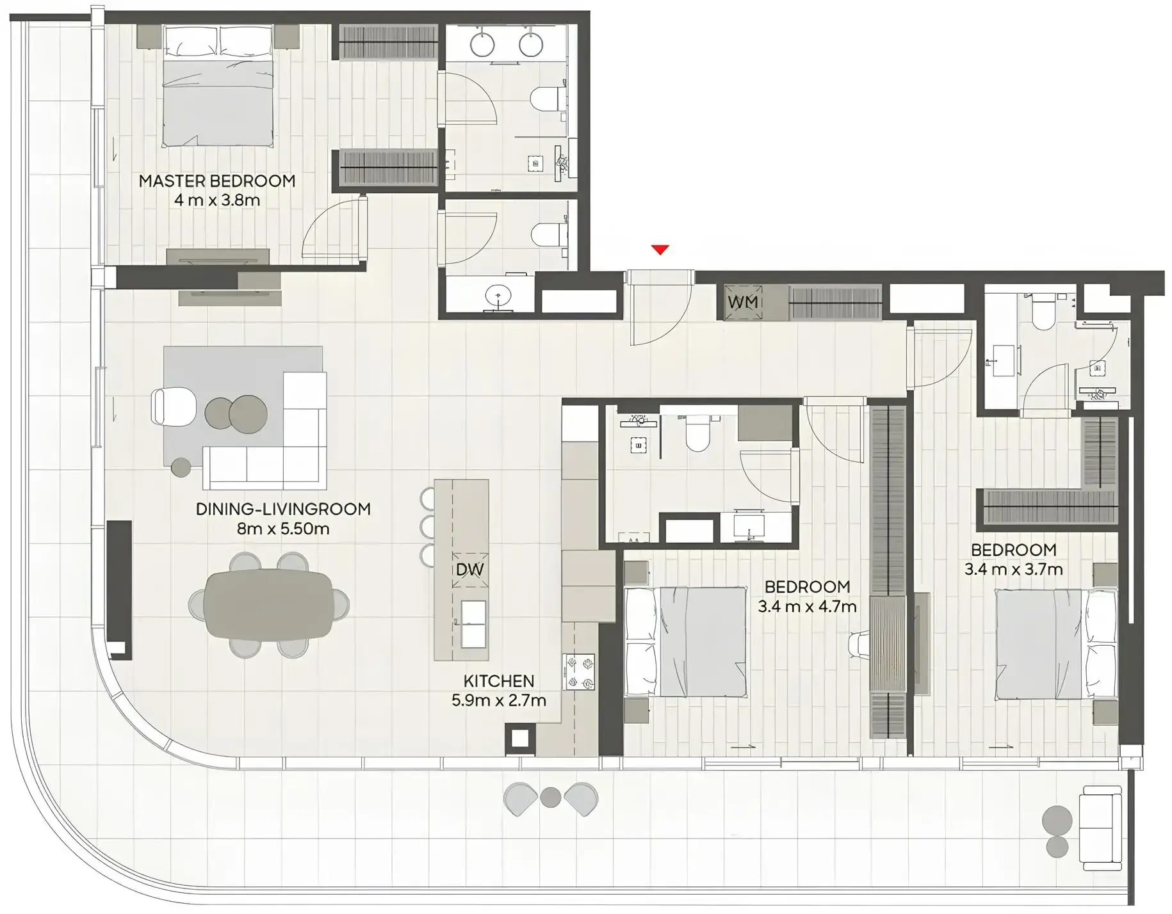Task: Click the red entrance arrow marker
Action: click(x=660, y=250)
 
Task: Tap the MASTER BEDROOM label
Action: click(x=217, y=181)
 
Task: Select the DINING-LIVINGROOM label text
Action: click(x=283, y=509)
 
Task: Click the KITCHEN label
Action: click(x=499, y=681)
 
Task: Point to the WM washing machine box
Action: click(x=743, y=301)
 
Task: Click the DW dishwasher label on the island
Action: click(x=469, y=570)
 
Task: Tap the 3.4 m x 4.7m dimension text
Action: click(x=807, y=607)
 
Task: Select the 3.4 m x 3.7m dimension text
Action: click(x=1014, y=569)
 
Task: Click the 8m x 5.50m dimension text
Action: click(x=283, y=529)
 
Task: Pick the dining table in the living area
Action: click(x=269, y=604)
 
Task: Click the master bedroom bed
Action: click(x=218, y=86)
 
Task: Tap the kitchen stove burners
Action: click(x=578, y=671)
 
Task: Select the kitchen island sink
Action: click(x=473, y=624)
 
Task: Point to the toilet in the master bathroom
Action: click(x=548, y=99)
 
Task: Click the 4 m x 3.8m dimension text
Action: click(x=217, y=200)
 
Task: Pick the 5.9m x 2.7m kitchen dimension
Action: click(x=499, y=701)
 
